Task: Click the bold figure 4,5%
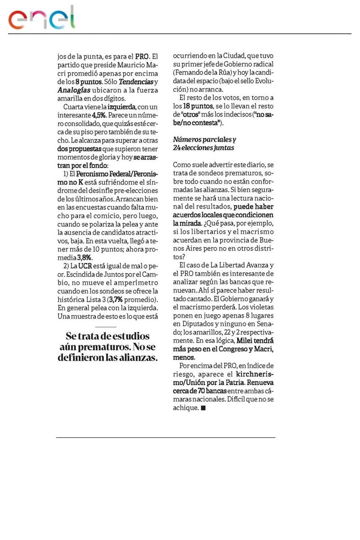(100, 115)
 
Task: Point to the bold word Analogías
(75, 90)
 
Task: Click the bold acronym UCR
(85, 266)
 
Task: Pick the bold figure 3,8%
(85, 258)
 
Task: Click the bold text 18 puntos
(197, 106)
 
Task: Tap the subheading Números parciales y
(205, 140)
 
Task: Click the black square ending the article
(203, 408)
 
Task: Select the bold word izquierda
(123, 107)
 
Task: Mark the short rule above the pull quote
(106, 327)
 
